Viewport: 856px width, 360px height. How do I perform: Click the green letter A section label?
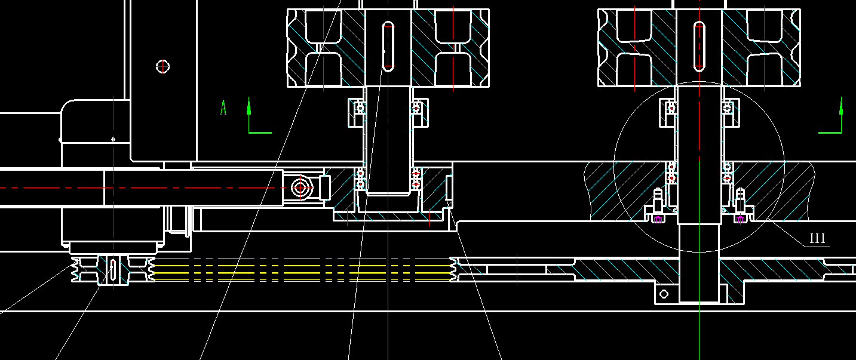[x=223, y=108]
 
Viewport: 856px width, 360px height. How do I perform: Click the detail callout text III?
[x=817, y=239]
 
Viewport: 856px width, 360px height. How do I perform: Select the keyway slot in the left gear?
[x=388, y=46]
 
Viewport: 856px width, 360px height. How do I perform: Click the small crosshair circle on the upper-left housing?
[x=163, y=66]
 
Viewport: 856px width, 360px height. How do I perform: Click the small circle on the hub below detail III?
[x=663, y=294]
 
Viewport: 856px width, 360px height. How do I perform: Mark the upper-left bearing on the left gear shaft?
[x=360, y=108]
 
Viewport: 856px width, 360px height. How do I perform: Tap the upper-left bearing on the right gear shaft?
[x=671, y=108]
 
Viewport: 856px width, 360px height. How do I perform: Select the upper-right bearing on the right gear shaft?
[x=728, y=108]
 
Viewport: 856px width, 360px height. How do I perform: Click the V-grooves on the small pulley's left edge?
[x=76, y=270]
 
